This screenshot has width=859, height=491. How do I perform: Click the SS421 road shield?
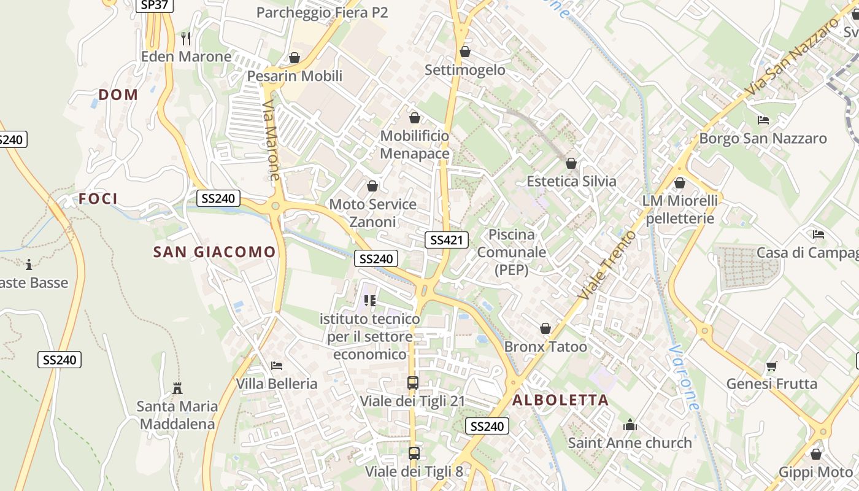446,240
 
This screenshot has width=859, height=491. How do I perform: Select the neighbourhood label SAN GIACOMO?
214,252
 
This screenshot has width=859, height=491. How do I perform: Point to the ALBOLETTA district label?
560,400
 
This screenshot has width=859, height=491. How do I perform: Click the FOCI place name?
98,198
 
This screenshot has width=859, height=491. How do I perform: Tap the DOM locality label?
118,95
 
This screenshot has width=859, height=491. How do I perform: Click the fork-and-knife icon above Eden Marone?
187,39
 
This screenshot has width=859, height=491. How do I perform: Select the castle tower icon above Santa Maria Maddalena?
177,388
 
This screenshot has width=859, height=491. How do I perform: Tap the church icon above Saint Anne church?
630,425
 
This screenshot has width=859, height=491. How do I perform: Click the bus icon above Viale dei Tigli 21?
413,383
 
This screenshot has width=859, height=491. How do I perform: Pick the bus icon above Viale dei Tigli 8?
414,454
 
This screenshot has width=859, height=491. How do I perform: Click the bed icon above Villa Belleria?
277,366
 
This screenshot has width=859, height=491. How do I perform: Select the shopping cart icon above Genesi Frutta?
771,366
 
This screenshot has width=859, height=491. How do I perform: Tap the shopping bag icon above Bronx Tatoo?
545,329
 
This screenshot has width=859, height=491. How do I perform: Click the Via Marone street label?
271,141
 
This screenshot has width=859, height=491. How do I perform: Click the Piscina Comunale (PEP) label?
511,252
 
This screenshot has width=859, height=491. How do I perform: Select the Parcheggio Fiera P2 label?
322,12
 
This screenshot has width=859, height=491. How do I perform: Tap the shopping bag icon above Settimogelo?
465,52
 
